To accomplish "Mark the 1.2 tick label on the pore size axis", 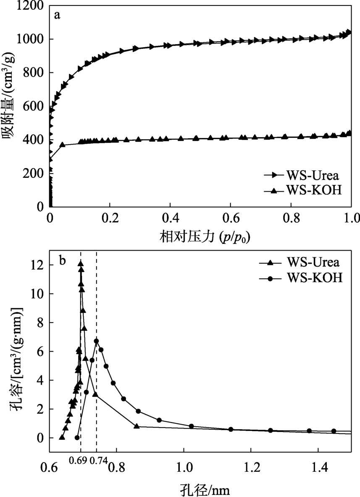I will tap(251, 468).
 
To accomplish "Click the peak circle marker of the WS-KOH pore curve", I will tap(96, 341).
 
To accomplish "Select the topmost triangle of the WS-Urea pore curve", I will tap(80, 264).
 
